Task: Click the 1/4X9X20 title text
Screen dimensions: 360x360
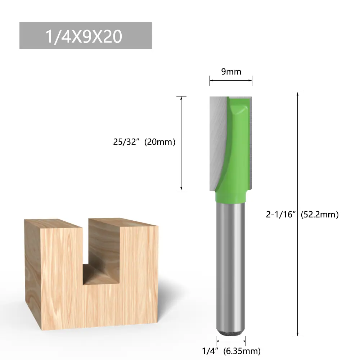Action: (84, 36)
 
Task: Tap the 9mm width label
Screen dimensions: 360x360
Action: (231, 72)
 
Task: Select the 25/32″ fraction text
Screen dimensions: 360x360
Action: (126, 142)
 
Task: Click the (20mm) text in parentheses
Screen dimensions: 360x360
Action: (160, 142)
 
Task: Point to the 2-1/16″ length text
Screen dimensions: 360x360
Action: (280, 215)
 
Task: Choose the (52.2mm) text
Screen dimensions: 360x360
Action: (320, 215)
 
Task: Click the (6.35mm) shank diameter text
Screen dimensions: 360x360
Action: (242, 351)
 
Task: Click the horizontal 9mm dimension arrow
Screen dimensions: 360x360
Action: (231, 80)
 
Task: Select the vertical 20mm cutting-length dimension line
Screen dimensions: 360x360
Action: (181, 144)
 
